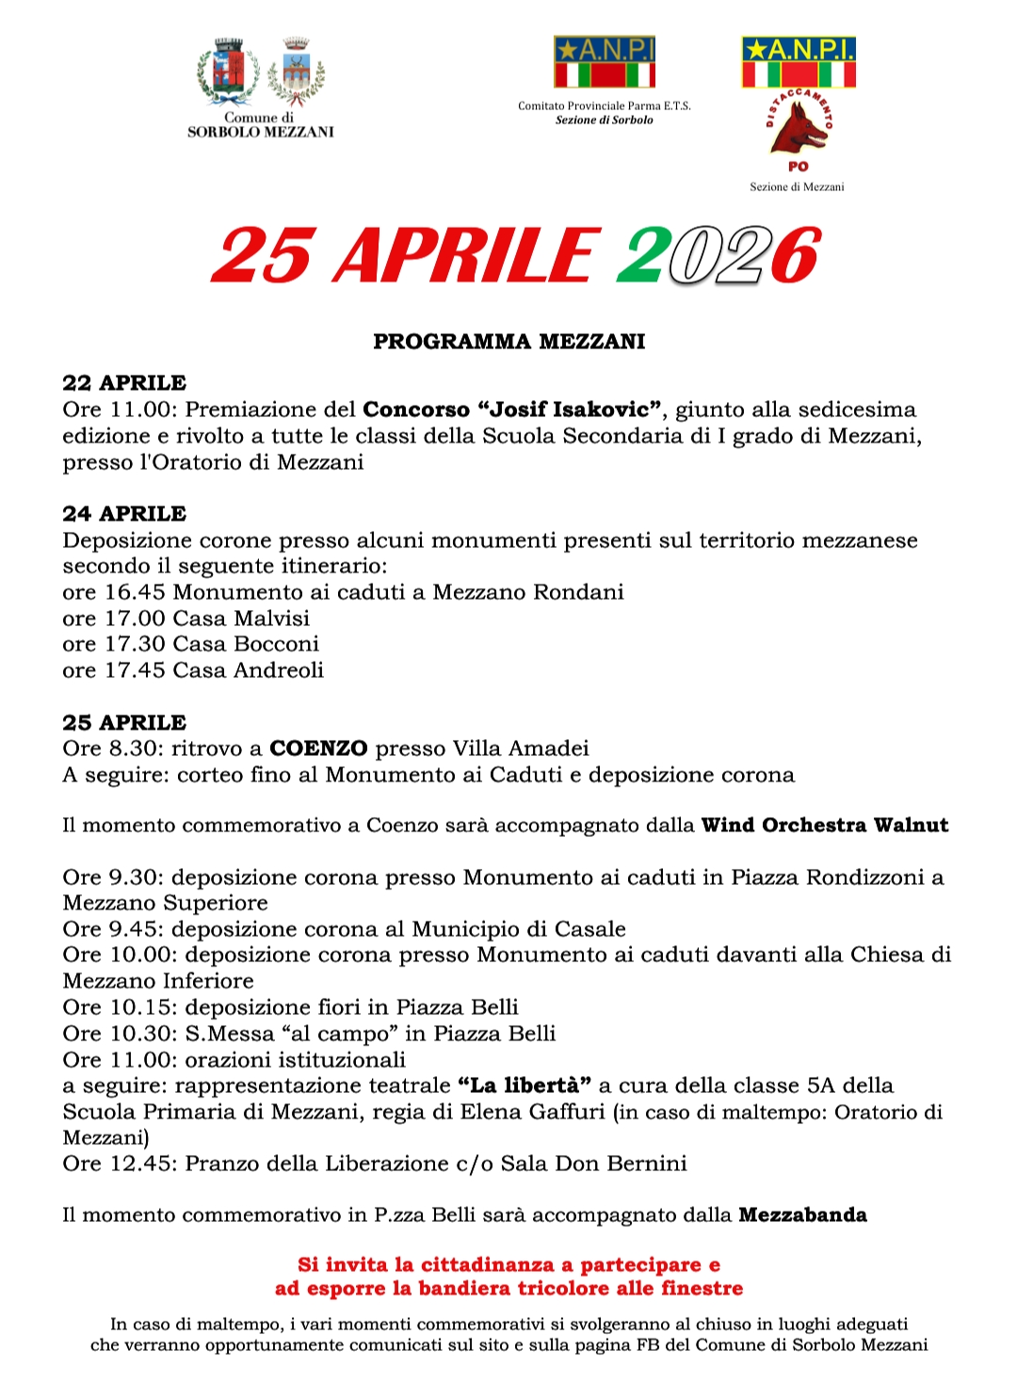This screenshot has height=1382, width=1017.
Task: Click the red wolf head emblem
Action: click(x=799, y=128)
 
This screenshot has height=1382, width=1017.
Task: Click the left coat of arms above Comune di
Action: click(x=227, y=72)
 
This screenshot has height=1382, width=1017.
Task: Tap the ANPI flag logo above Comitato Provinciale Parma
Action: click(x=604, y=62)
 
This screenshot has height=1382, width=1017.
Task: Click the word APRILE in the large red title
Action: click(x=465, y=255)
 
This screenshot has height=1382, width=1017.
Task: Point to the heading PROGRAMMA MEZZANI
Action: click(x=508, y=341)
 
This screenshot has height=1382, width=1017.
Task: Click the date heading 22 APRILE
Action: click(x=124, y=383)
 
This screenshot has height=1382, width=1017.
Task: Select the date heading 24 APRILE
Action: click(x=124, y=514)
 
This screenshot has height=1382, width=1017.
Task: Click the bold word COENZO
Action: click(x=318, y=748)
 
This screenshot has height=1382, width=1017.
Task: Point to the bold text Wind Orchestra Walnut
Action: click(x=825, y=826)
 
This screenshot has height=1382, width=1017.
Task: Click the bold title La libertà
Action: click(x=525, y=1085)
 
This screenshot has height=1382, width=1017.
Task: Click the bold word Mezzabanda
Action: click(x=802, y=1215)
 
